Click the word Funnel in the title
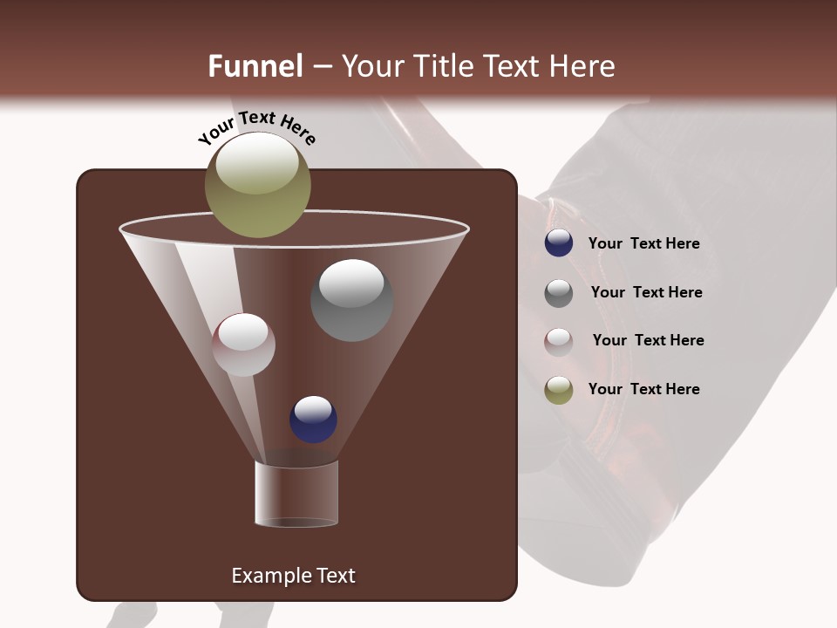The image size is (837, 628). [255, 66]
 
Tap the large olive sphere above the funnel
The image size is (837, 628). [258, 185]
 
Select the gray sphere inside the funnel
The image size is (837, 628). [351, 300]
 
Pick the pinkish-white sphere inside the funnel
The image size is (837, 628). [244, 345]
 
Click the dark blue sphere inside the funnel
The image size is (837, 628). [313, 419]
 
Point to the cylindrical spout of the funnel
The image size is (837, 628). [296, 494]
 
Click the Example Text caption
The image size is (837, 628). [293, 576]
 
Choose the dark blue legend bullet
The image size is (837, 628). [559, 243]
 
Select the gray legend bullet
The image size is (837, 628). [559, 293]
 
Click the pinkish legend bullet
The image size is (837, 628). [559, 341]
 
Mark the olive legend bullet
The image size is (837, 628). [559, 390]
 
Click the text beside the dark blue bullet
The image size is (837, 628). [643, 244]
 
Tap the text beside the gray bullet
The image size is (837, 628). [646, 293]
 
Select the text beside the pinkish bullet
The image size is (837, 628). [648, 341]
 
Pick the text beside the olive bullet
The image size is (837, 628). [643, 390]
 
